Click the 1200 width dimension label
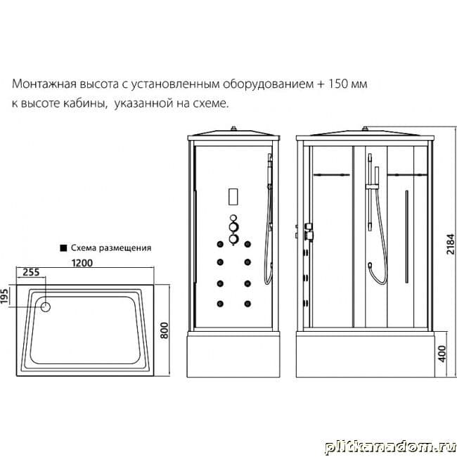82,263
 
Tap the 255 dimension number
31,272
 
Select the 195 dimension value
4,295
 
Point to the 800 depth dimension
165,330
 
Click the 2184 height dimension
451,244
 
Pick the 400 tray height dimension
442,354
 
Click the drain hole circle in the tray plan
46,307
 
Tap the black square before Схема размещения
63,248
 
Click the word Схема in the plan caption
84,248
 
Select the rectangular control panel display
233,197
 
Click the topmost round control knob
233,218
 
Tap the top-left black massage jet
220,244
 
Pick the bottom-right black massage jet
247,304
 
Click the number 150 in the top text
338,84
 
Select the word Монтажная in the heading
44,84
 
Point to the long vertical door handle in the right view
407,237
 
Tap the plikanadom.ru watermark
390,446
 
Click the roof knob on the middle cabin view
233,128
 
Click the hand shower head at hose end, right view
370,265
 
